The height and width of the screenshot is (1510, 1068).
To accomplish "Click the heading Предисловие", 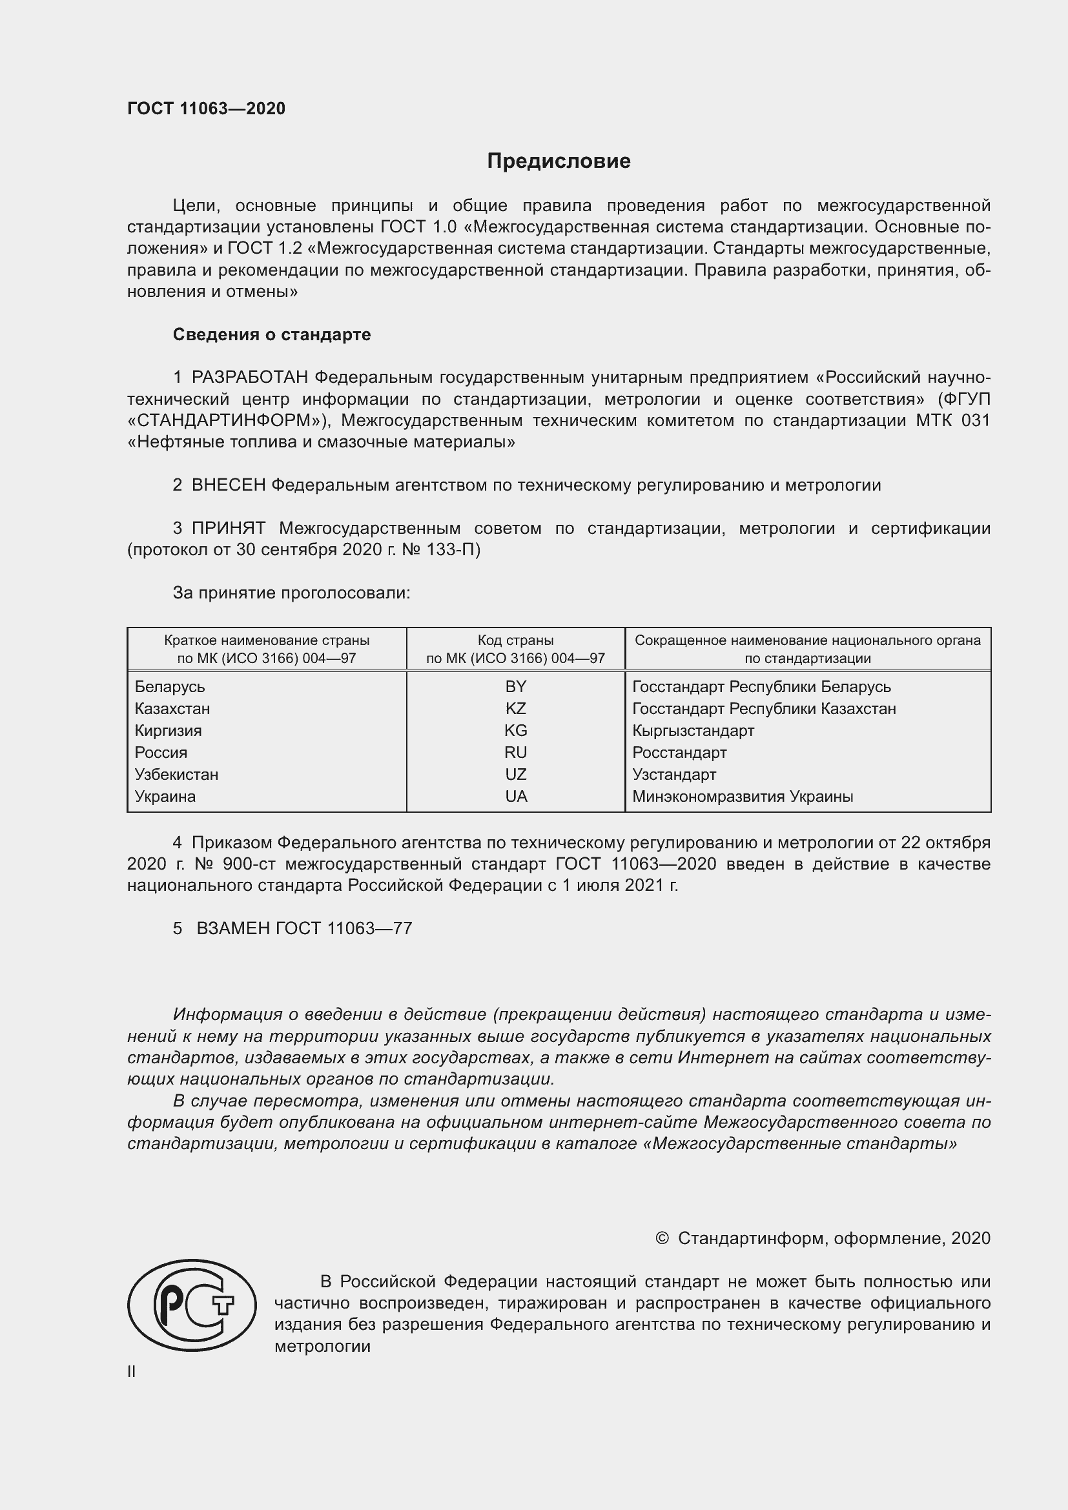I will point(559,161).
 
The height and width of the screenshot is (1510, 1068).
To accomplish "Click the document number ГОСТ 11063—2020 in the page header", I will point(207,109).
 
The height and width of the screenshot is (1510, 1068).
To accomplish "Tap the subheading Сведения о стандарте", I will point(272,335).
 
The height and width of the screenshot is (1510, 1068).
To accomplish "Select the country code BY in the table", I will point(515,687).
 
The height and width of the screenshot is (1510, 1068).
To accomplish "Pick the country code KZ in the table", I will point(515,708).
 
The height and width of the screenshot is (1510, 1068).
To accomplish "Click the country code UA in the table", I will point(515,797).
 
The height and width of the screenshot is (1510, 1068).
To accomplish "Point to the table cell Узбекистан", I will point(176,775).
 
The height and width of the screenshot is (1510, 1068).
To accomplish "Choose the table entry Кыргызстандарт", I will point(693,731).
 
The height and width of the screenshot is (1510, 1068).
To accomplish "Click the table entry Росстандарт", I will point(679,752).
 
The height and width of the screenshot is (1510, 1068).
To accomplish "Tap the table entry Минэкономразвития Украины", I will point(743,797).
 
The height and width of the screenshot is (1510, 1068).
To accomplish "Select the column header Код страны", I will point(515,640).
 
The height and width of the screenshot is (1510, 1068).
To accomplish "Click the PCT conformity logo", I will point(192,1305).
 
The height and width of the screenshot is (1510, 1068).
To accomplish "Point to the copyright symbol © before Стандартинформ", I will point(662,1238).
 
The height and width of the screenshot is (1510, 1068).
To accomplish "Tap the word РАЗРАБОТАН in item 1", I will point(250,378).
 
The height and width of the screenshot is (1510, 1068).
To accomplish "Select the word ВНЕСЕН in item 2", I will point(229,485).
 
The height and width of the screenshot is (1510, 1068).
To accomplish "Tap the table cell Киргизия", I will point(169,731).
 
